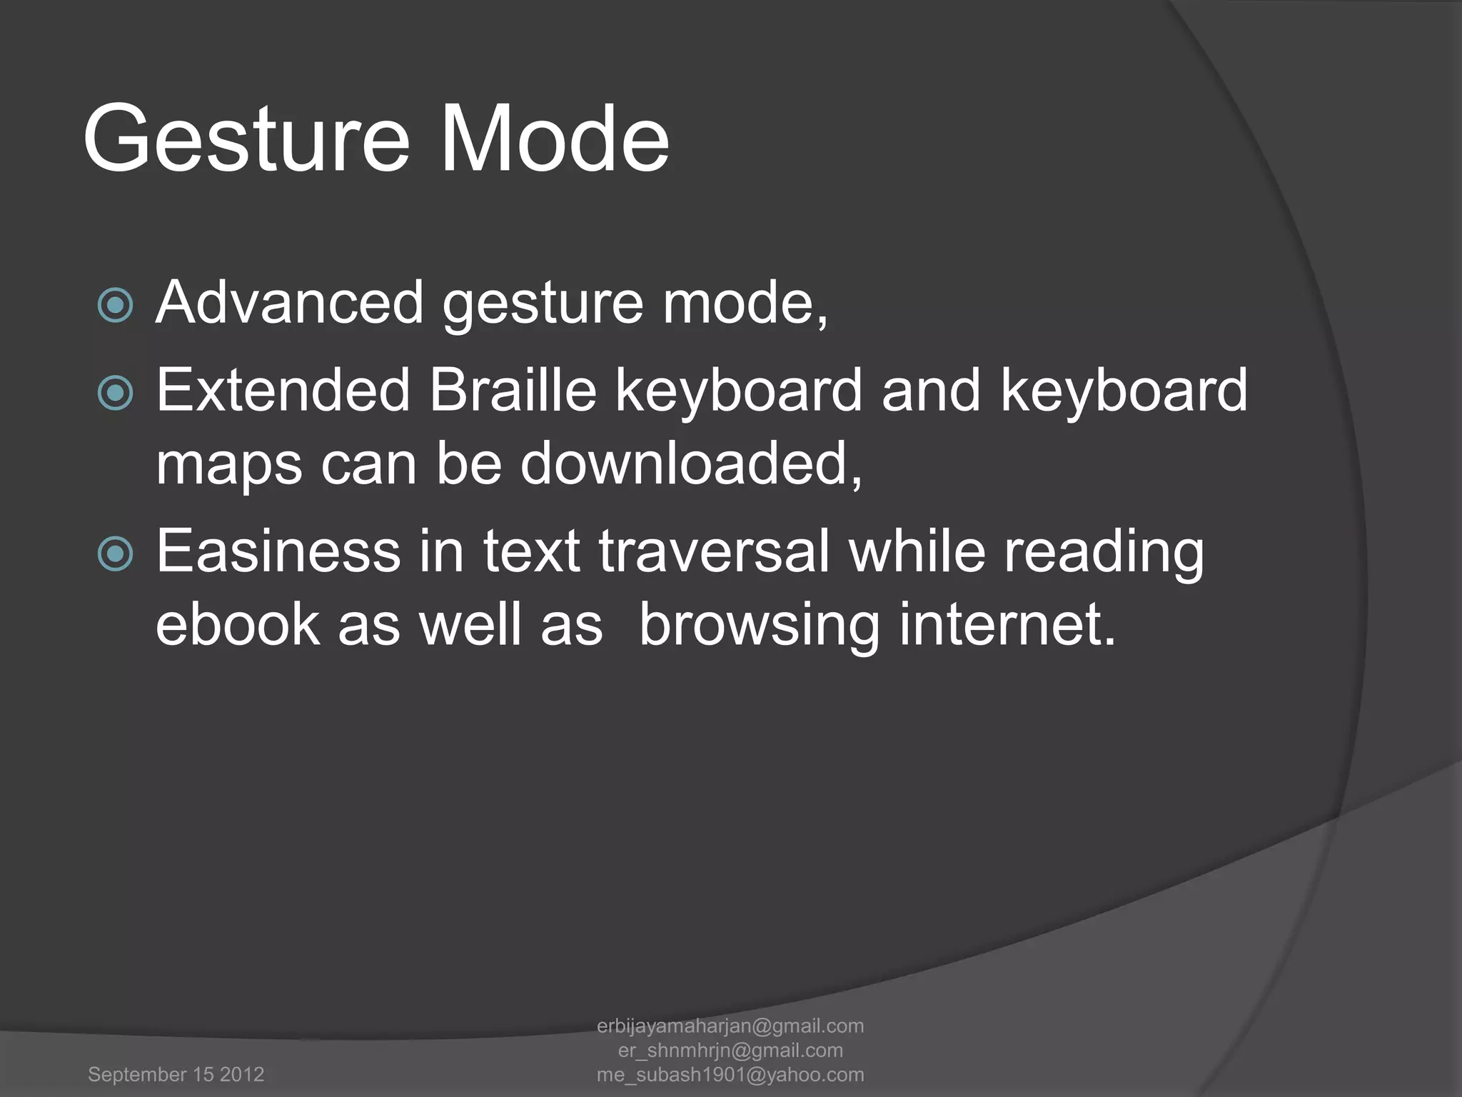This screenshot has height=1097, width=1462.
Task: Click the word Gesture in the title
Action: point(246,139)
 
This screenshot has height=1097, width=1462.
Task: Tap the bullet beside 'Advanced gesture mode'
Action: point(115,305)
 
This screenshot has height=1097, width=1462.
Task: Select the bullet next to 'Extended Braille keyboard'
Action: point(115,392)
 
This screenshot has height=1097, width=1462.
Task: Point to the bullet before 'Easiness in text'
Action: point(115,553)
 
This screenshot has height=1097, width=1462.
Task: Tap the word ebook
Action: point(237,624)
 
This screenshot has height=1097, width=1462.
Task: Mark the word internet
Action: point(1007,624)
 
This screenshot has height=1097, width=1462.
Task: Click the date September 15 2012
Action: point(176,1074)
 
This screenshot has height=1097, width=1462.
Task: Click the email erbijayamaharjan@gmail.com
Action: point(730,1026)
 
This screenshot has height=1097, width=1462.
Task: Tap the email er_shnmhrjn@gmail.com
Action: point(730,1051)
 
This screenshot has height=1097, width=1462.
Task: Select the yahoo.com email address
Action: point(730,1075)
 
